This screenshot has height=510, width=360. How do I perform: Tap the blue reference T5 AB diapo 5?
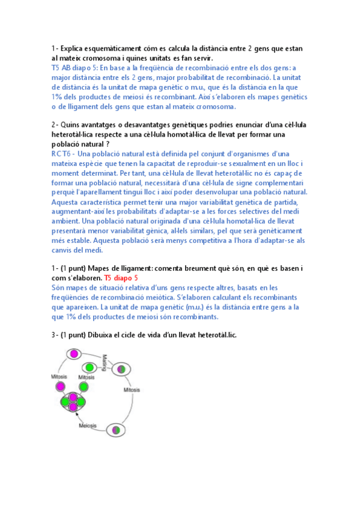(73, 68)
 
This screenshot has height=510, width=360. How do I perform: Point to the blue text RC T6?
(63, 153)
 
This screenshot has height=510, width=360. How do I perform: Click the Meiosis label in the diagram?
(88, 425)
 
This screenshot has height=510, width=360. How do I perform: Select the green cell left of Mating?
(89, 367)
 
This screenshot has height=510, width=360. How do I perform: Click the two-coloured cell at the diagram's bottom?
(117, 429)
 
